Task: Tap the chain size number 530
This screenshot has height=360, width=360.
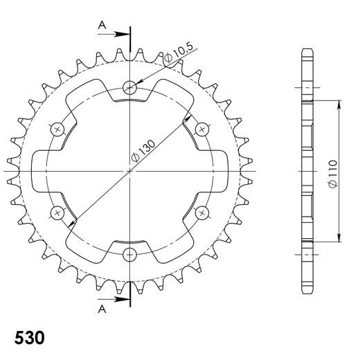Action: point(30,339)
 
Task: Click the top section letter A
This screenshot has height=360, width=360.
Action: point(102,24)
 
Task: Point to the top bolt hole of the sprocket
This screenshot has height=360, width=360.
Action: point(130,87)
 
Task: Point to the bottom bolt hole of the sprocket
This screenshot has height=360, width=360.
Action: point(130,254)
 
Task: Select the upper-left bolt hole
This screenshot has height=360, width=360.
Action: point(57,129)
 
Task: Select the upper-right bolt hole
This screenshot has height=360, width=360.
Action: point(203,129)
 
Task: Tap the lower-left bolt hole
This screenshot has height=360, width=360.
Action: point(57,213)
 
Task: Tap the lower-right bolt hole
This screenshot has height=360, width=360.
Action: point(203,213)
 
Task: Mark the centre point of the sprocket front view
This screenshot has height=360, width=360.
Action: point(130,170)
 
